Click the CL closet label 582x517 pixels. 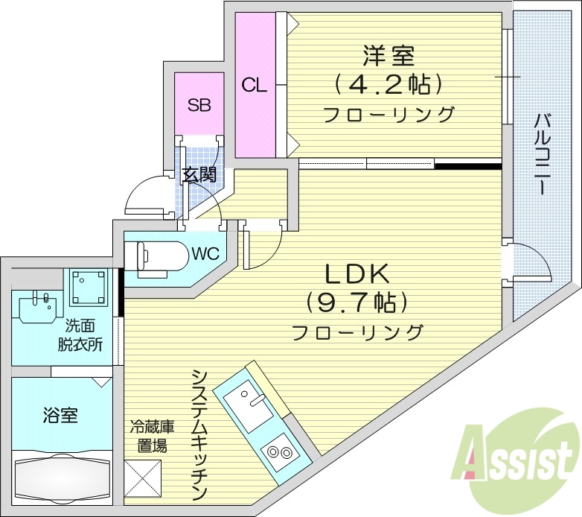tap(254, 85)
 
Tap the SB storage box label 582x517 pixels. tap(199, 105)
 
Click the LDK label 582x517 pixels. tap(356, 275)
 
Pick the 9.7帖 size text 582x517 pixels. tap(356, 302)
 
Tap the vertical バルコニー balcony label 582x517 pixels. tap(543, 153)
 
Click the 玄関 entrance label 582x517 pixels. tap(199, 175)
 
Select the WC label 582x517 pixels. tap(205, 253)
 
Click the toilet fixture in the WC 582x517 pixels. tap(160, 256)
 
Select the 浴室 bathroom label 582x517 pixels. tap(60, 414)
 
